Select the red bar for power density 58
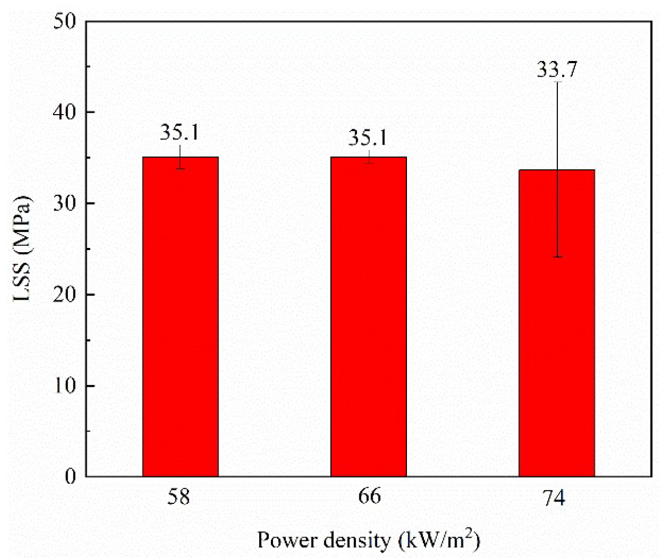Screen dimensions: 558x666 click(180, 316)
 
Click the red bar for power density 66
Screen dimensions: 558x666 click(368, 316)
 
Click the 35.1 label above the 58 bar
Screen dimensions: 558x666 click(179, 132)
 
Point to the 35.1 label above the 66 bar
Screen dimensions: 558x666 click(368, 138)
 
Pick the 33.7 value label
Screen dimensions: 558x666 click(557, 70)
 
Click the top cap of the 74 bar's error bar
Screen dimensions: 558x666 click(557, 82)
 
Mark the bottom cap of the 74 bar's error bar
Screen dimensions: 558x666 click(557, 257)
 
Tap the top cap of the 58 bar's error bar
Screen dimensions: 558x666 click(180, 145)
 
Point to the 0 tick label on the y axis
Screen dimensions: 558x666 click(71, 476)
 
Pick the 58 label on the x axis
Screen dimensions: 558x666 click(179, 497)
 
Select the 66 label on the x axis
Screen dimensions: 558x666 click(369, 496)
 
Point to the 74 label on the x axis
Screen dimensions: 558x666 click(554, 498)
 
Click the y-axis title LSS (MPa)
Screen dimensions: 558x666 click(22, 249)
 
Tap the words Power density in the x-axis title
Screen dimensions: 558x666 click(323, 540)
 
